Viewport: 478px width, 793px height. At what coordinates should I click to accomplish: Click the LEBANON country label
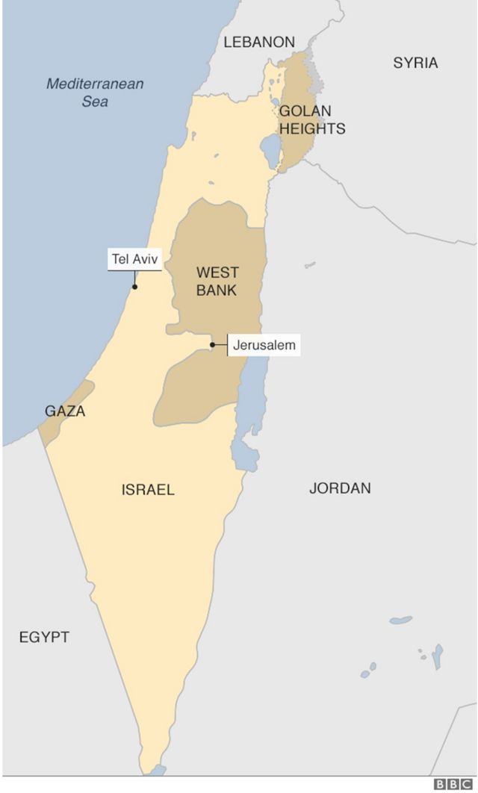tap(259, 43)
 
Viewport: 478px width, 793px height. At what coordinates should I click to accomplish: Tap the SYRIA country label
tap(415, 63)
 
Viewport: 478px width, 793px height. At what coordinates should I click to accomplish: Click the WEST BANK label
tap(217, 281)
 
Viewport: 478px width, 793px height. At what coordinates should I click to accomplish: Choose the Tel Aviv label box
tap(134, 260)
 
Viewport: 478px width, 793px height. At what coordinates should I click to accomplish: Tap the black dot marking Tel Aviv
tap(134, 286)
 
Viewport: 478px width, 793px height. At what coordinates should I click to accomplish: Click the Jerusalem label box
tap(264, 345)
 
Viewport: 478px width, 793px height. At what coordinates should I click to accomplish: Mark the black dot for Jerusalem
tap(212, 345)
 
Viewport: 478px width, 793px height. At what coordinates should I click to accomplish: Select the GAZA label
tap(65, 411)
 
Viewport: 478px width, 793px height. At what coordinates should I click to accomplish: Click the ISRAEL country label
tap(148, 490)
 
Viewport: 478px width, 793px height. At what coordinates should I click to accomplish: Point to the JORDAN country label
tap(340, 488)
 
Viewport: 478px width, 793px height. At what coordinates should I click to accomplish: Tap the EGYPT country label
tap(44, 637)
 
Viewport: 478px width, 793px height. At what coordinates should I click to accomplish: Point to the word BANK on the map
tap(217, 290)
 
